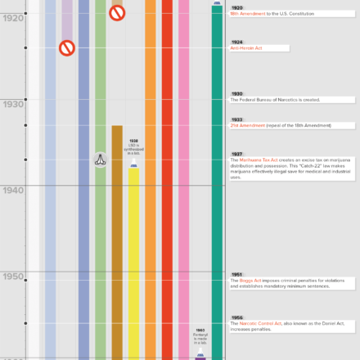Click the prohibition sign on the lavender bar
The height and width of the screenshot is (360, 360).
click(67, 48)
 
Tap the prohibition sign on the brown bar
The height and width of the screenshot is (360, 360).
click(117, 13)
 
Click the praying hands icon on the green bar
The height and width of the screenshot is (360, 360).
click(100, 160)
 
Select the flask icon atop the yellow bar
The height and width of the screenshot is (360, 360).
click(133, 165)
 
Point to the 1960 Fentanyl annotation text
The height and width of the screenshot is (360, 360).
click(200, 336)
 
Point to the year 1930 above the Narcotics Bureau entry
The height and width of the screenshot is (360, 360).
click(236, 93)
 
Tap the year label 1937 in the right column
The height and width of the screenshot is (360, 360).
click(236, 153)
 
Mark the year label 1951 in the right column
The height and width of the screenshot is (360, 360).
click(236, 274)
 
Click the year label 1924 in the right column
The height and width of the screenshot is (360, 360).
click(236, 42)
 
